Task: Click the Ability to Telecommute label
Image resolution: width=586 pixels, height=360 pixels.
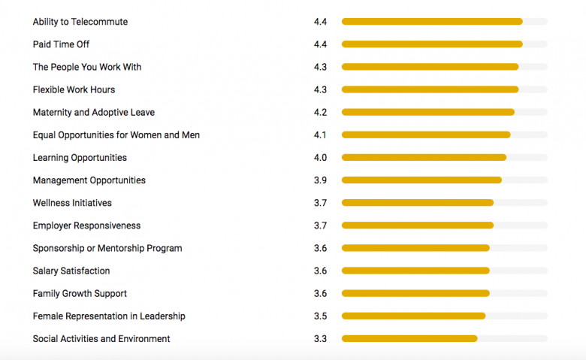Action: (80, 22)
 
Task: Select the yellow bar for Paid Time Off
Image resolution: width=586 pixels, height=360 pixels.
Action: (432, 44)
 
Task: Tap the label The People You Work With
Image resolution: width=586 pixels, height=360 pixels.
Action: (87, 67)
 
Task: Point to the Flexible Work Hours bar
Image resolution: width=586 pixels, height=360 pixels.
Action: (430, 89)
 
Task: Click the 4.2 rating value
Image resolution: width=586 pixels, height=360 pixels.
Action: (320, 113)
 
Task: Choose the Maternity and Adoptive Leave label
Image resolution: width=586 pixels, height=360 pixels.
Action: (94, 113)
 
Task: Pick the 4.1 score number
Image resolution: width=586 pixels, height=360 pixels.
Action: (320, 135)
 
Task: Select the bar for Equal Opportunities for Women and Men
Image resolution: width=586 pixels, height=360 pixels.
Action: (426, 135)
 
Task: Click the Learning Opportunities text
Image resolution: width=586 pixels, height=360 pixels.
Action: (80, 158)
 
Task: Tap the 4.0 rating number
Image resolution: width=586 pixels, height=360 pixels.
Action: (320, 158)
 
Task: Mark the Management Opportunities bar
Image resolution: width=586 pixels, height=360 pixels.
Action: (421, 180)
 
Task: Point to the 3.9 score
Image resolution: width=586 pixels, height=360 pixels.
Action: (320, 180)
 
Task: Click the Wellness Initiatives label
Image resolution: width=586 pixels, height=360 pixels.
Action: (72, 203)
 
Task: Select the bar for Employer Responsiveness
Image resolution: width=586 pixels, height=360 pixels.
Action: (418, 225)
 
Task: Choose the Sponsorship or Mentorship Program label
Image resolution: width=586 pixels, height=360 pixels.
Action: (107, 248)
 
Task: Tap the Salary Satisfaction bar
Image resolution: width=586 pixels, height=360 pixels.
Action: (415, 271)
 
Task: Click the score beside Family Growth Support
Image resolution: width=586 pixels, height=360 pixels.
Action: (320, 293)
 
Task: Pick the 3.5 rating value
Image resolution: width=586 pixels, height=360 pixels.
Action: (320, 316)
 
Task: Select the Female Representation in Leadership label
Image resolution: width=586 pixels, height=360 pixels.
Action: (109, 316)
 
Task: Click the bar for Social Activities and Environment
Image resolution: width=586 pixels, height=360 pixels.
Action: (409, 339)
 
